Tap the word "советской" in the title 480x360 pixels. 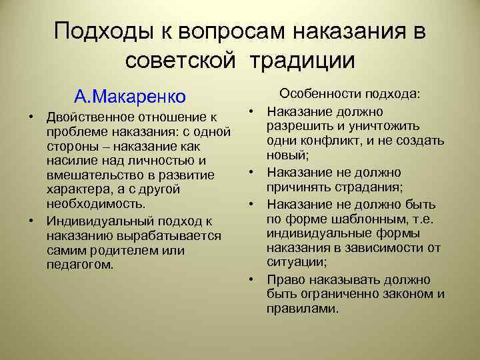point(180,61)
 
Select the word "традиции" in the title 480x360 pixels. point(303,61)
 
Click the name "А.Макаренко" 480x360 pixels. point(130,97)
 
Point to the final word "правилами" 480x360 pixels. point(301,309)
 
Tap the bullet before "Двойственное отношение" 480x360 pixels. point(31,118)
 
